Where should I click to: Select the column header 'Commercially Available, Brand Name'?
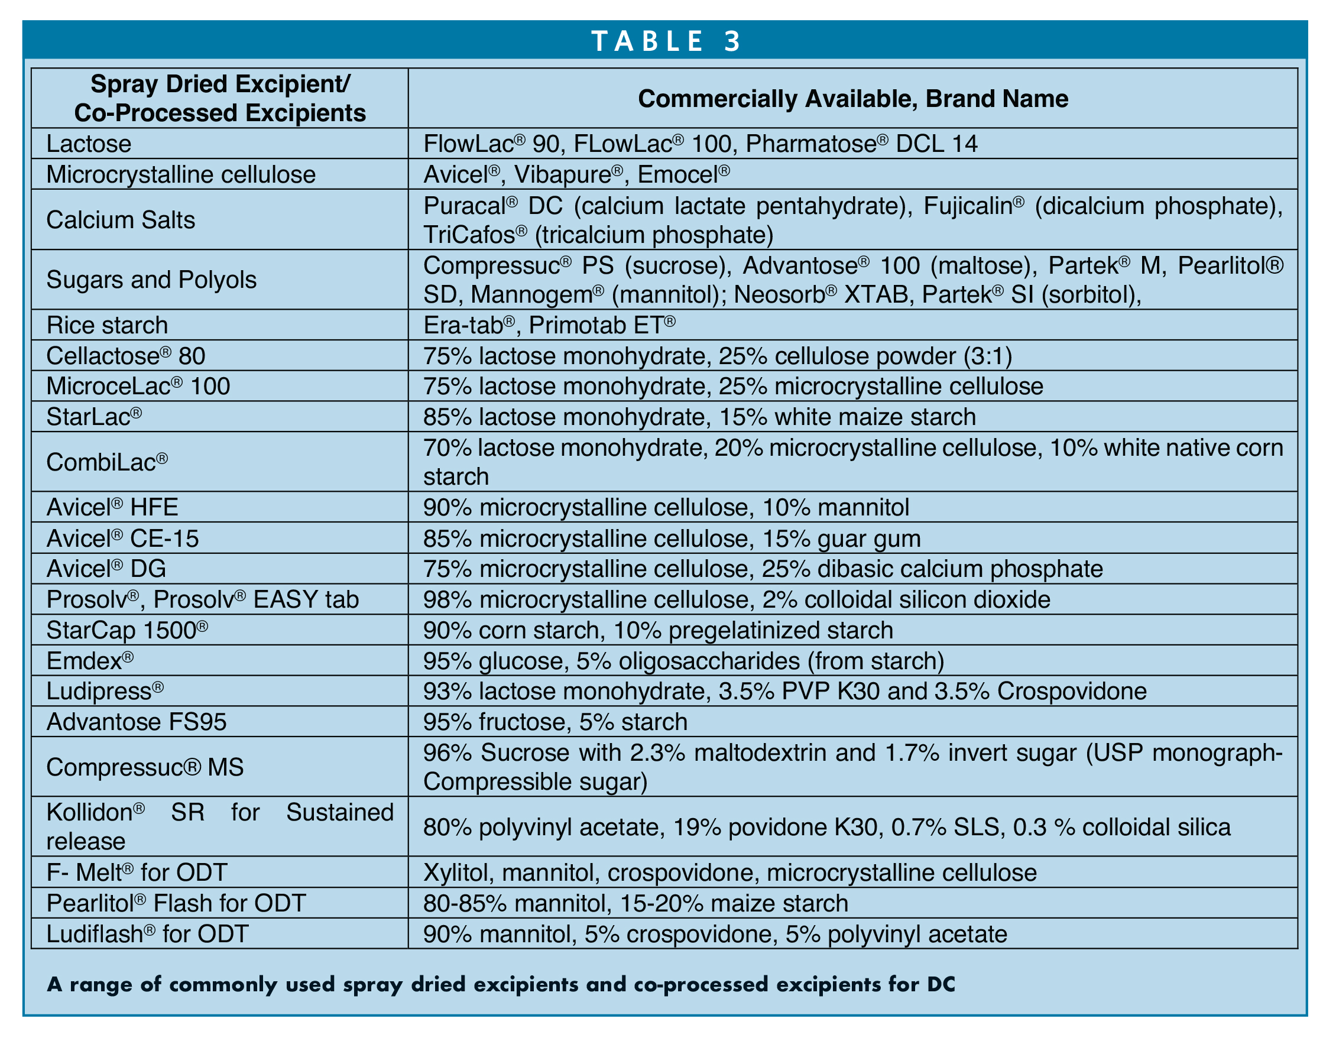pos(852,99)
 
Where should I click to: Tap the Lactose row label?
pos(89,144)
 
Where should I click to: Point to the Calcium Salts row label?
pos(121,220)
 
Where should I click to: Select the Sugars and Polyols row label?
pos(151,280)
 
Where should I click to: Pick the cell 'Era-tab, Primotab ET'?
pos(549,325)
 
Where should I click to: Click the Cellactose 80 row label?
pos(126,356)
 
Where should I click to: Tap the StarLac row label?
pos(94,417)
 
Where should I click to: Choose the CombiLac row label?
pos(107,462)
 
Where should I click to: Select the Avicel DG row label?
pos(106,569)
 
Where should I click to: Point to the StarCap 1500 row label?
pos(127,630)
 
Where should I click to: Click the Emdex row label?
pos(90,661)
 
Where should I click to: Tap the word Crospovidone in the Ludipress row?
pos(1071,692)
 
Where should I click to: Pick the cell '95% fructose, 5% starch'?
pos(555,722)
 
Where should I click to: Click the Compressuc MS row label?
pos(145,767)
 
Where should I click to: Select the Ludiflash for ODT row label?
pos(147,934)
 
